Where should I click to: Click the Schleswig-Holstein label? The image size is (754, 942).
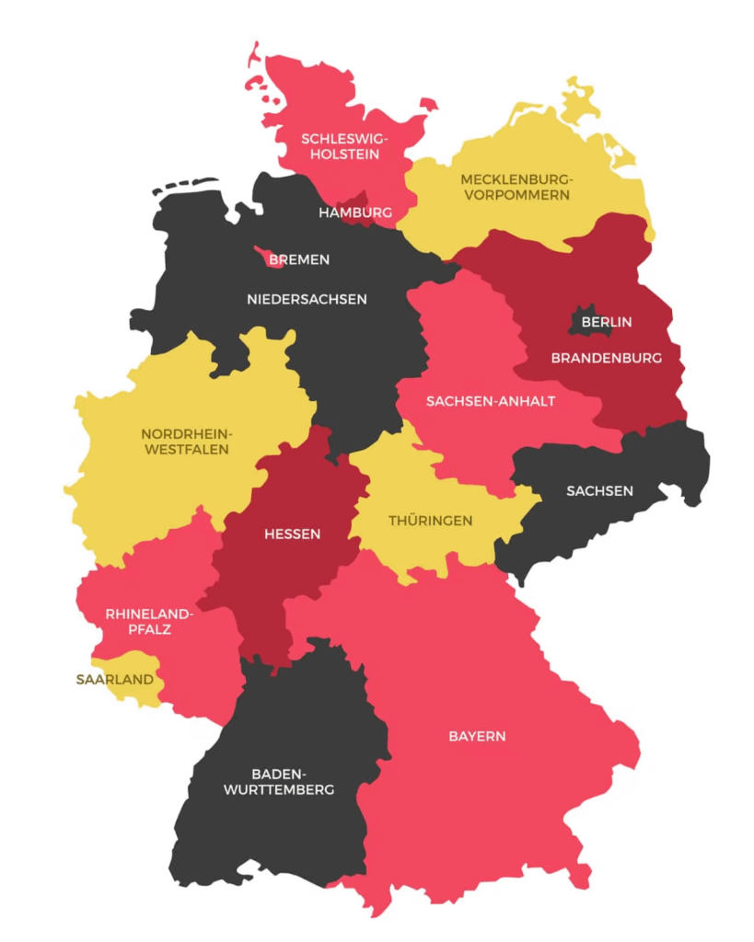(344, 146)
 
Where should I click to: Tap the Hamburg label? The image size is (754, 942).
(355, 213)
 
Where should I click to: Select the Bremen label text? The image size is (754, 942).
(299, 259)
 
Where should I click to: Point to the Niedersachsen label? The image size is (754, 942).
(307, 299)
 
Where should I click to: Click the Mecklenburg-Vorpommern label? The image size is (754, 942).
(516, 187)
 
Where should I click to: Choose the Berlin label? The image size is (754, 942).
(606, 322)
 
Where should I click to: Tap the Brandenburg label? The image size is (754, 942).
(606, 358)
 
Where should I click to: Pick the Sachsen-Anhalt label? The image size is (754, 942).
(490, 401)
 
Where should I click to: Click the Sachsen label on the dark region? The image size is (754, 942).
(599, 490)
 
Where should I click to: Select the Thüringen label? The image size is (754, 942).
(430, 521)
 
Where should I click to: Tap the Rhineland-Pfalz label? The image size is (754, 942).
(148, 621)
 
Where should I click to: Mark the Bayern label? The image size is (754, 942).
(477, 736)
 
